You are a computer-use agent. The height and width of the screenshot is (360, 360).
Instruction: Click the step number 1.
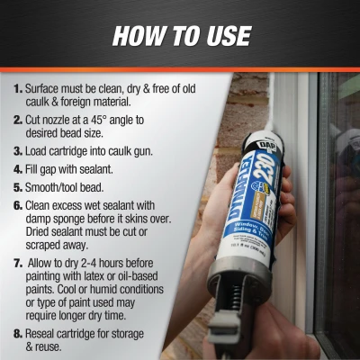18,90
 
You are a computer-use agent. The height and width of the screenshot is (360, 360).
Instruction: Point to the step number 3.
18,147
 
